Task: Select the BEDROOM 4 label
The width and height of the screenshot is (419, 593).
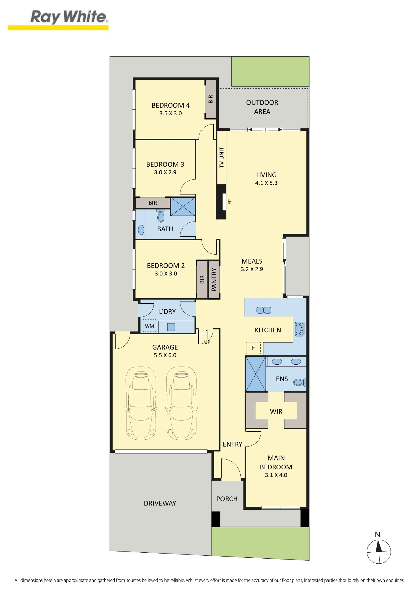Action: click(x=170, y=105)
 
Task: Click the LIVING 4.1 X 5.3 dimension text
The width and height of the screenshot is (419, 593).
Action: click(x=266, y=183)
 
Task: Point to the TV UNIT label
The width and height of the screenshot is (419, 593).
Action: click(x=222, y=157)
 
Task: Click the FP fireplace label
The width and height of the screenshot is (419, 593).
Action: click(x=229, y=202)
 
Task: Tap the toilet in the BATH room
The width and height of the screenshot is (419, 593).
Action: click(x=161, y=216)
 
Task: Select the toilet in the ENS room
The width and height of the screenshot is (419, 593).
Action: click(x=300, y=382)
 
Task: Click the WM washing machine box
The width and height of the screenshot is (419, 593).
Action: click(x=149, y=326)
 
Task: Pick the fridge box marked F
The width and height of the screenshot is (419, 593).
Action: click(x=253, y=348)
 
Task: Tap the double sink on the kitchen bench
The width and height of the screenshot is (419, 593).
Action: click(x=264, y=310)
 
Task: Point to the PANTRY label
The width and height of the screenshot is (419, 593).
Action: click(x=214, y=279)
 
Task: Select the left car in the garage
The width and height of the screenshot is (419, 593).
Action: click(x=140, y=403)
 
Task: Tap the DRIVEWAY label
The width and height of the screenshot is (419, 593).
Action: click(x=160, y=503)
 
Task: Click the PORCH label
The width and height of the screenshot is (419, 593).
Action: click(x=227, y=499)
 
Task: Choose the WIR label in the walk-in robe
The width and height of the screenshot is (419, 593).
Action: click(x=276, y=412)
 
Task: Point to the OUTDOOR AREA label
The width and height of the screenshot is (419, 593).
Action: click(x=262, y=107)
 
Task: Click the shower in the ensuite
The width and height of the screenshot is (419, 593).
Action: click(x=256, y=374)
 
